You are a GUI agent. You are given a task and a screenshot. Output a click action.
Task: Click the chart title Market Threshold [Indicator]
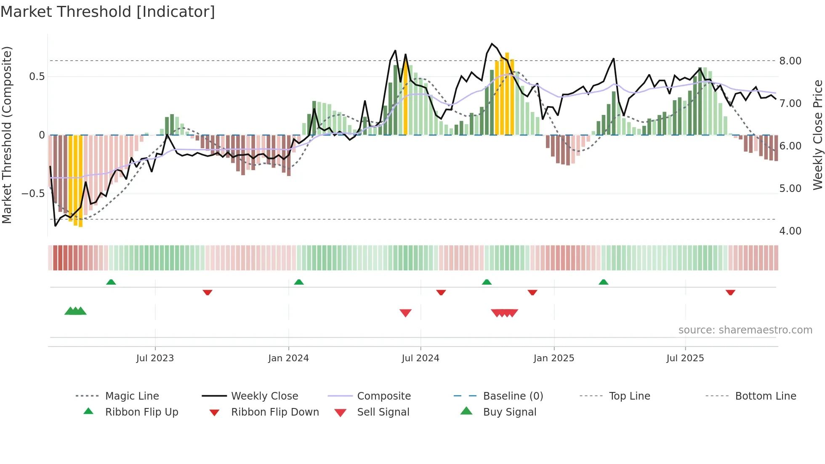click(x=108, y=12)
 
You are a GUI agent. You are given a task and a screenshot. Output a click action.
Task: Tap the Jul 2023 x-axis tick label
click(x=155, y=358)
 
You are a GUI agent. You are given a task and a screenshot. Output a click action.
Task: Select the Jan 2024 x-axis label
click(x=288, y=358)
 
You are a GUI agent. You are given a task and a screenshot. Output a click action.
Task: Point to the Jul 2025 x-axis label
click(x=685, y=358)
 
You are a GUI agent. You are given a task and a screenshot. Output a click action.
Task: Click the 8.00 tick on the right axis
click(x=790, y=61)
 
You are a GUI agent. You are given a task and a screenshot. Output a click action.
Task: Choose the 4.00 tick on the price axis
click(x=790, y=231)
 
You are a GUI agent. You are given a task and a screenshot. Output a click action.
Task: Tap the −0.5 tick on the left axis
click(x=33, y=194)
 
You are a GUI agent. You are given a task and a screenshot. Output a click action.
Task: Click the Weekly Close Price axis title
click(x=817, y=135)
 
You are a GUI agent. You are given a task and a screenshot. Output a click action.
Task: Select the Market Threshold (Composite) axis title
click(x=7, y=135)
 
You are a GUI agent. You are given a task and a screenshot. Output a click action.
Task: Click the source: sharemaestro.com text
click(x=745, y=330)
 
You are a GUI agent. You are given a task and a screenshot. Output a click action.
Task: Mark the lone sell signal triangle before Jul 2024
click(x=405, y=313)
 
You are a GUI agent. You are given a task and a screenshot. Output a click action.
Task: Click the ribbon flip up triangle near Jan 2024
click(x=299, y=282)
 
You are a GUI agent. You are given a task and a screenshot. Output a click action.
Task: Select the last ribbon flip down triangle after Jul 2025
click(x=730, y=292)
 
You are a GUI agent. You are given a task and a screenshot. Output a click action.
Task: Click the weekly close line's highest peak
click(x=492, y=44)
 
